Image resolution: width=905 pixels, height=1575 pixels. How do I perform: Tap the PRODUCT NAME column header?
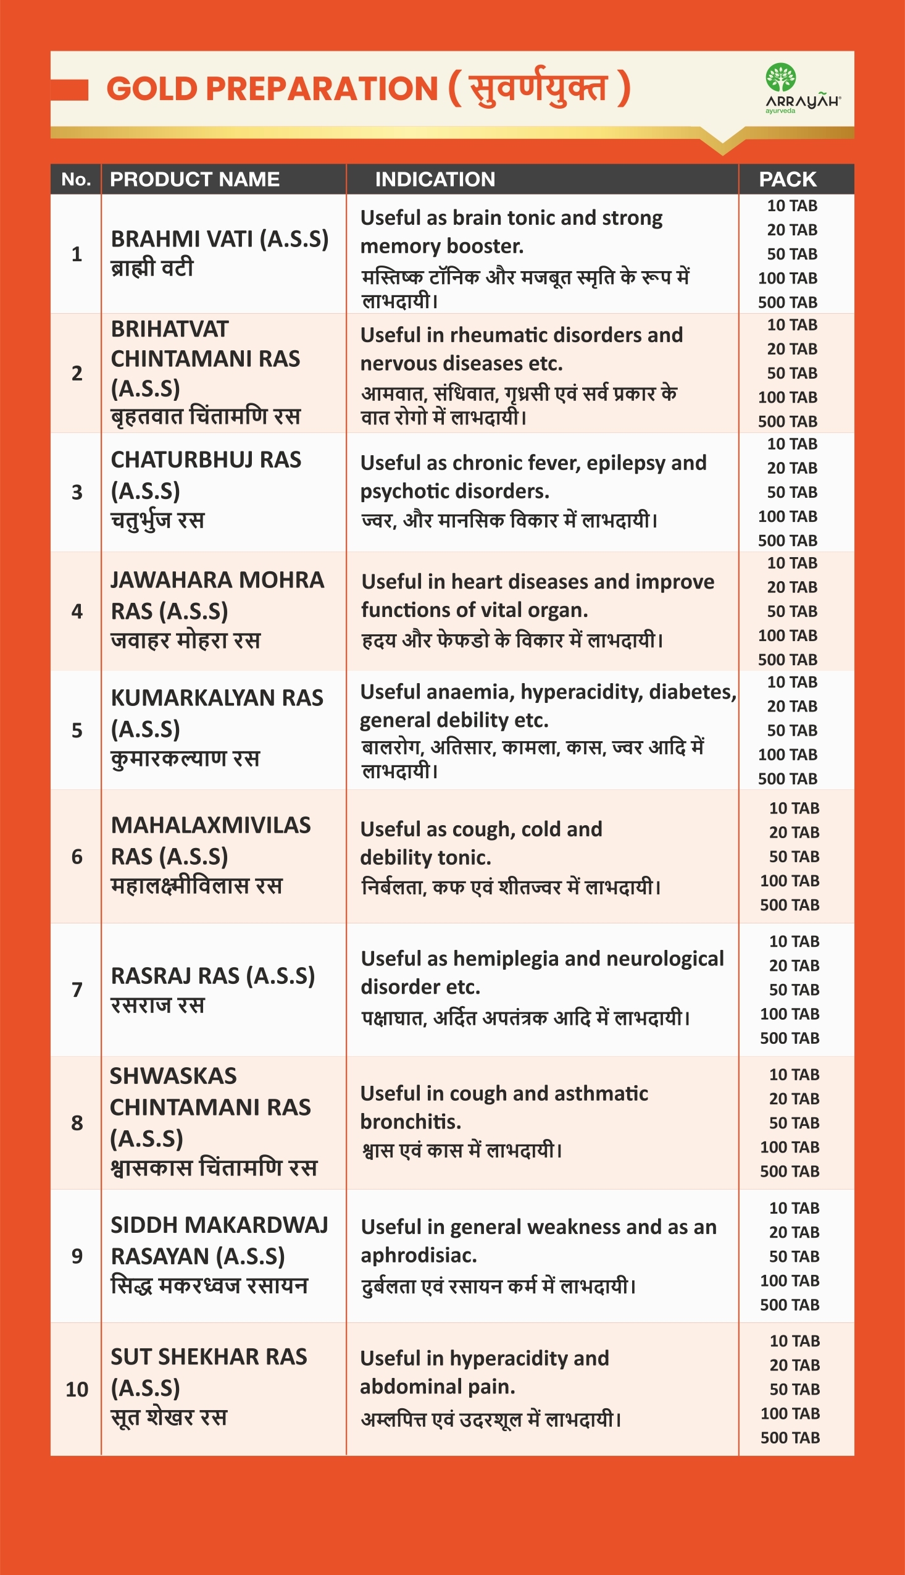pyautogui.click(x=194, y=179)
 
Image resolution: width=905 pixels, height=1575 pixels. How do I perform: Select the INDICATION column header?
pyautogui.click(x=435, y=179)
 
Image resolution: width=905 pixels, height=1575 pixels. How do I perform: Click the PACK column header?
pyautogui.click(x=788, y=179)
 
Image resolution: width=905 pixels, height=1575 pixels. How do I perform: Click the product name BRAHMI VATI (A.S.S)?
pyautogui.click(x=219, y=239)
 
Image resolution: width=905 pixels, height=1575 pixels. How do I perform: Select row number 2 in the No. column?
pyautogui.click(x=77, y=373)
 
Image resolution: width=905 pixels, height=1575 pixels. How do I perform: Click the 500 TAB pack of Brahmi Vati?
pyautogui.click(x=788, y=302)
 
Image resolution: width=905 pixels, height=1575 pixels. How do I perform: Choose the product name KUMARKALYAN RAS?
pyautogui.click(x=217, y=698)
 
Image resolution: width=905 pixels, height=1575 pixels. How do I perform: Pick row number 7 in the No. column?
pyautogui.click(x=77, y=989)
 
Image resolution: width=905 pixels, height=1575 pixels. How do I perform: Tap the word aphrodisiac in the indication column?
pyautogui.click(x=419, y=1255)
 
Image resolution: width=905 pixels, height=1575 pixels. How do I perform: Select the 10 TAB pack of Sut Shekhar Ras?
pyautogui.click(x=794, y=1340)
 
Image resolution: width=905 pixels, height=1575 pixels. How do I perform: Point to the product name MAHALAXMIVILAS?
pyautogui.click(x=211, y=825)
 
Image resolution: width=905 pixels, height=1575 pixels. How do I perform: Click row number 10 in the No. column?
pyautogui.click(x=77, y=1389)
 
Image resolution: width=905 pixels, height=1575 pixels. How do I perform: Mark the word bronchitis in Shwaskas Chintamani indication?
pyautogui.click(x=411, y=1122)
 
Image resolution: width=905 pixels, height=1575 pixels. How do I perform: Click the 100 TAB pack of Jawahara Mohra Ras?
pyautogui.click(x=788, y=636)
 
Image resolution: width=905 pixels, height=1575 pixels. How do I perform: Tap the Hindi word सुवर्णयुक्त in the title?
pyautogui.click(x=538, y=88)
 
